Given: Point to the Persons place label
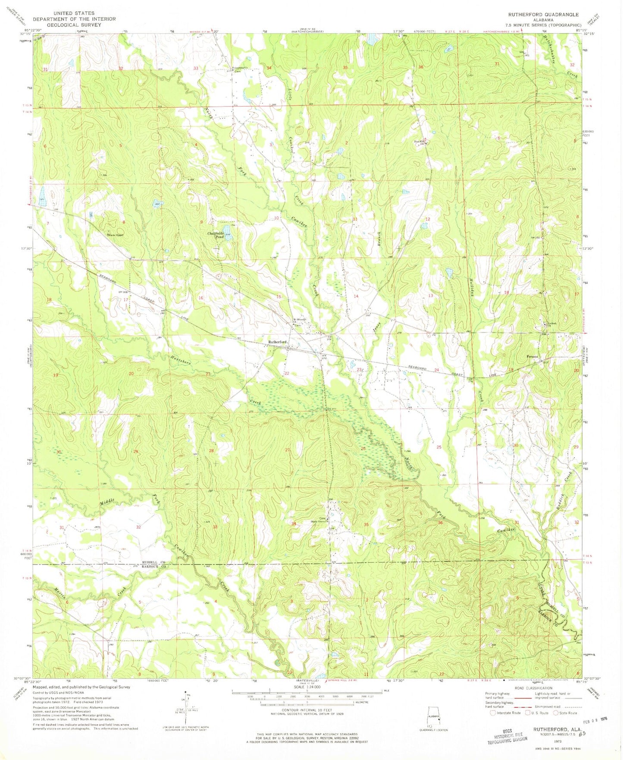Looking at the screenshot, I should pyautogui.click(x=533, y=357).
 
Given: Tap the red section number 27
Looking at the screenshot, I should pyautogui.click(x=287, y=450).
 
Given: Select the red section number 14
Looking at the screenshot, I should pyautogui.click(x=356, y=296).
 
